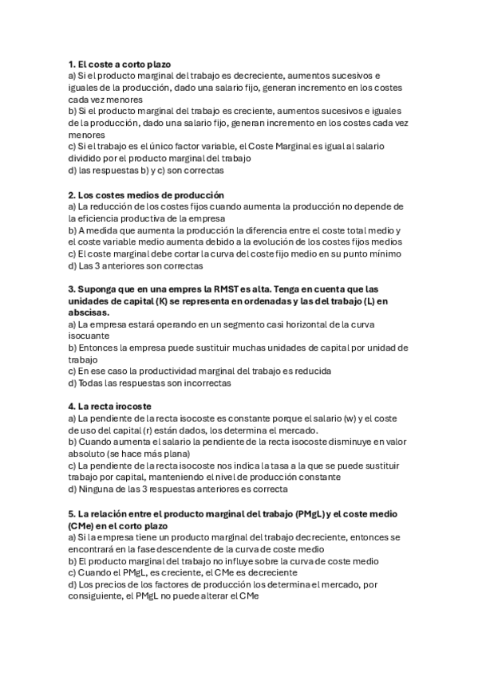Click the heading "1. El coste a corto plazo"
click(x=119, y=64)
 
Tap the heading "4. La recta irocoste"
click(x=109, y=407)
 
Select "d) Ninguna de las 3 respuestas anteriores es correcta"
click(x=178, y=489)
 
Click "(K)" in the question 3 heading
click(x=155, y=301)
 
